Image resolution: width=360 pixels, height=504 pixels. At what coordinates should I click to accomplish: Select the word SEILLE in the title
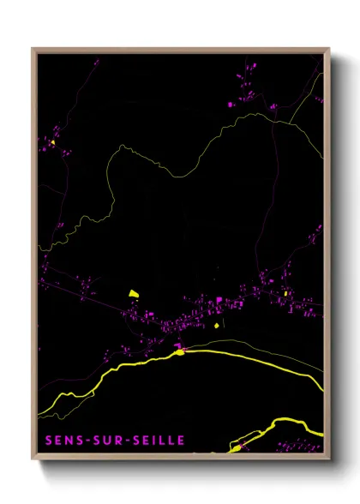[154, 441]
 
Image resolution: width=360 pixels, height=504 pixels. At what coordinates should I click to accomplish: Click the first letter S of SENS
[44, 441]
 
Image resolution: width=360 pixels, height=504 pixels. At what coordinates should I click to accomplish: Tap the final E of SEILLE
[180, 441]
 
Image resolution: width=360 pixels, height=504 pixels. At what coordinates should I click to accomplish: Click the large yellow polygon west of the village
[134, 293]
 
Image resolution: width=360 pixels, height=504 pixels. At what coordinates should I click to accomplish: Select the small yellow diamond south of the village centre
[217, 324]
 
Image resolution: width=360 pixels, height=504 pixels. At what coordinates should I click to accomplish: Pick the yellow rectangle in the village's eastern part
[284, 296]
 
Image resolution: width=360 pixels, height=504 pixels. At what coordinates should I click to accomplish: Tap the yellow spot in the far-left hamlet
[52, 143]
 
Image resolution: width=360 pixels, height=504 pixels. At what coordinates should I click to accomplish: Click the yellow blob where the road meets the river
[180, 351]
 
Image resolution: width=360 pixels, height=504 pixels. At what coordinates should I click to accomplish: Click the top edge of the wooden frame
[180, 50]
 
